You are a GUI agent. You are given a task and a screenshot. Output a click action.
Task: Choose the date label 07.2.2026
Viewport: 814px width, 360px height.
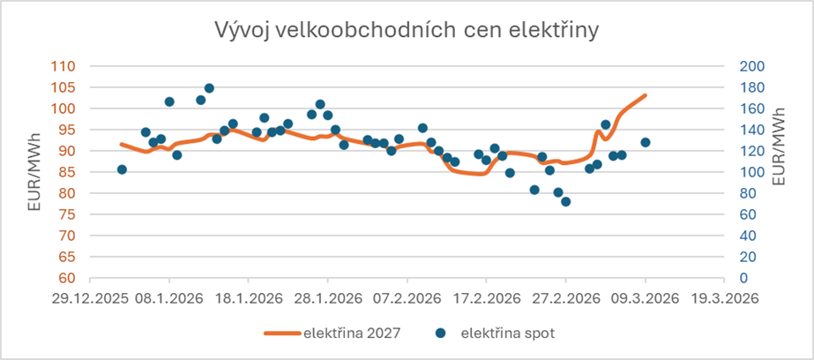coord(407,297)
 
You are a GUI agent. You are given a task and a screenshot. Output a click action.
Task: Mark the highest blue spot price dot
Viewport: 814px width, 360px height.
coord(209,88)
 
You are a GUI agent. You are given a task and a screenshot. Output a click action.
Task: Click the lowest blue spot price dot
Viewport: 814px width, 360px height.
coord(566,201)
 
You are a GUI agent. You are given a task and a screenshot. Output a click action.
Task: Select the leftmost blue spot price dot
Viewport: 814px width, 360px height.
coord(122,169)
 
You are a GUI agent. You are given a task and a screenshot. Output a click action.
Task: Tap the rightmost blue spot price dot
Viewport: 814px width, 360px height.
coord(646,142)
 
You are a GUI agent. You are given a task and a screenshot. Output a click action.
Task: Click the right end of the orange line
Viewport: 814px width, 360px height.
coord(646,95)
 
